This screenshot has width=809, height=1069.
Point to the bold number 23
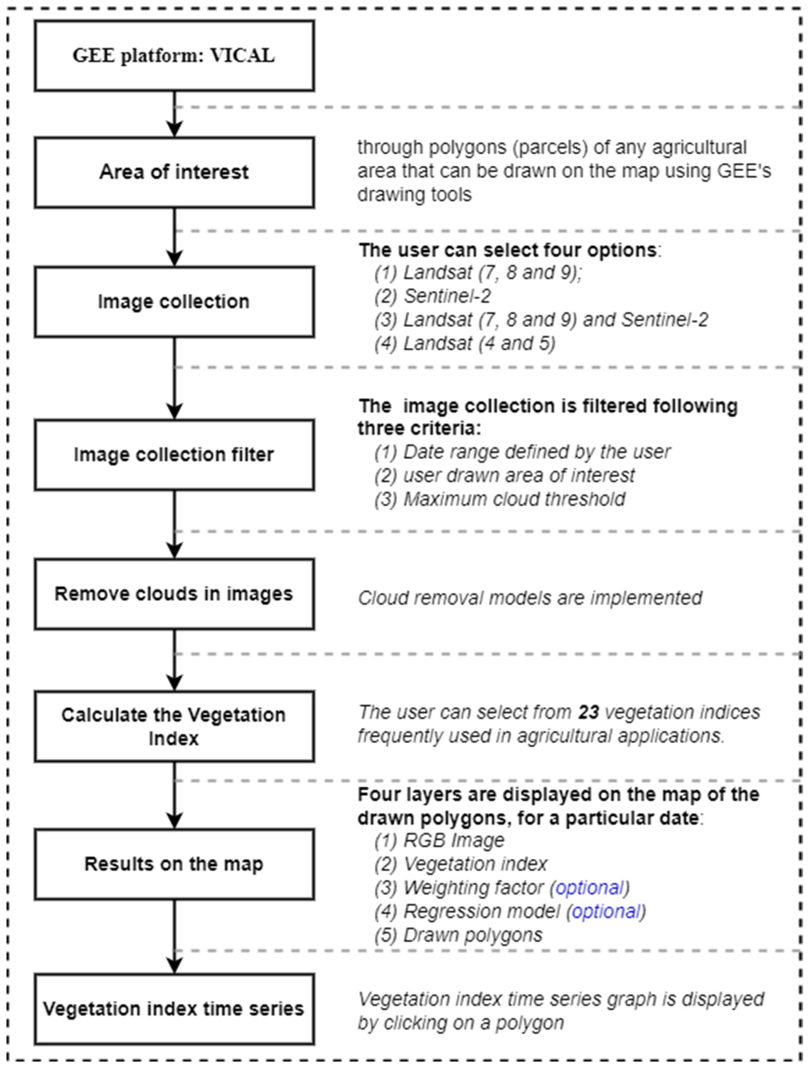(x=588, y=712)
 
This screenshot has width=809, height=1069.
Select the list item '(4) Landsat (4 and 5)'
(x=465, y=344)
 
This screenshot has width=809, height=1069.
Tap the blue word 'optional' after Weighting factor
(x=589, y=888)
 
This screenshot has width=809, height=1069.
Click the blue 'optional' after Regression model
(x=606, y=912)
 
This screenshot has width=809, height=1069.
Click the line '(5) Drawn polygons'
(x=458, y=935)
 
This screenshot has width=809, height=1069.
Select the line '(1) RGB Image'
(x=439, y=840)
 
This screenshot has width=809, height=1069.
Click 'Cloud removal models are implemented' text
(x=530, y=598)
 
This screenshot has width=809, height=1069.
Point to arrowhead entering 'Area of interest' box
(x=174, y=130)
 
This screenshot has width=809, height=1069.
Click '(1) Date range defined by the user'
(x=522, y=452)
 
